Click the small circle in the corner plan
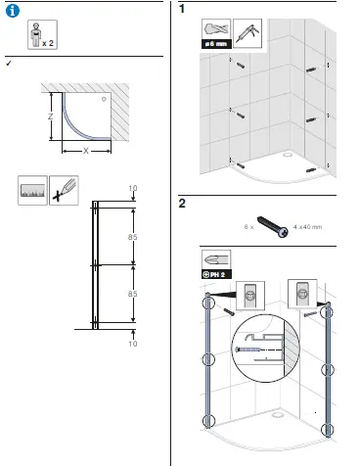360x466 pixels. pos(101,99)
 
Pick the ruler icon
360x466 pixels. pos(33,191)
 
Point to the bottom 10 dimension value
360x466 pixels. pos(133,344)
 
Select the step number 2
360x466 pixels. pos(183,204)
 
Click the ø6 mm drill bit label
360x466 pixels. pos(216,44)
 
